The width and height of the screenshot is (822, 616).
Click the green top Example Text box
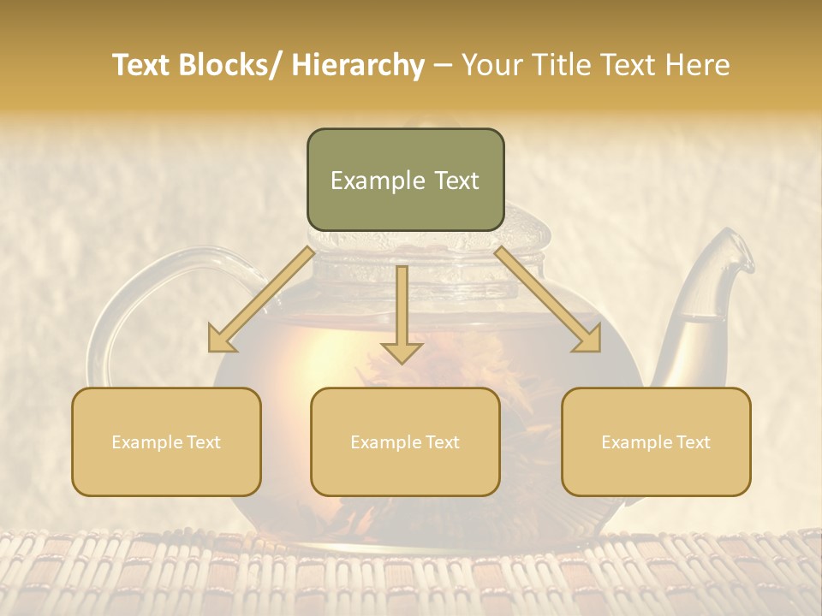(405, 180)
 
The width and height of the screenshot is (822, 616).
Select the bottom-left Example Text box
(166, 441)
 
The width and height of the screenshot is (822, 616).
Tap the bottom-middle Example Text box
(405, 441)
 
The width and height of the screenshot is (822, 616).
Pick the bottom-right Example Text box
(656, 441)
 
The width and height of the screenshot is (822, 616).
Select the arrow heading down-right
(548, 299)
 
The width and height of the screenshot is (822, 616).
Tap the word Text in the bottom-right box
(691, 442)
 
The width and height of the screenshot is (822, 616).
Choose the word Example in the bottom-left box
(146, 442)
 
